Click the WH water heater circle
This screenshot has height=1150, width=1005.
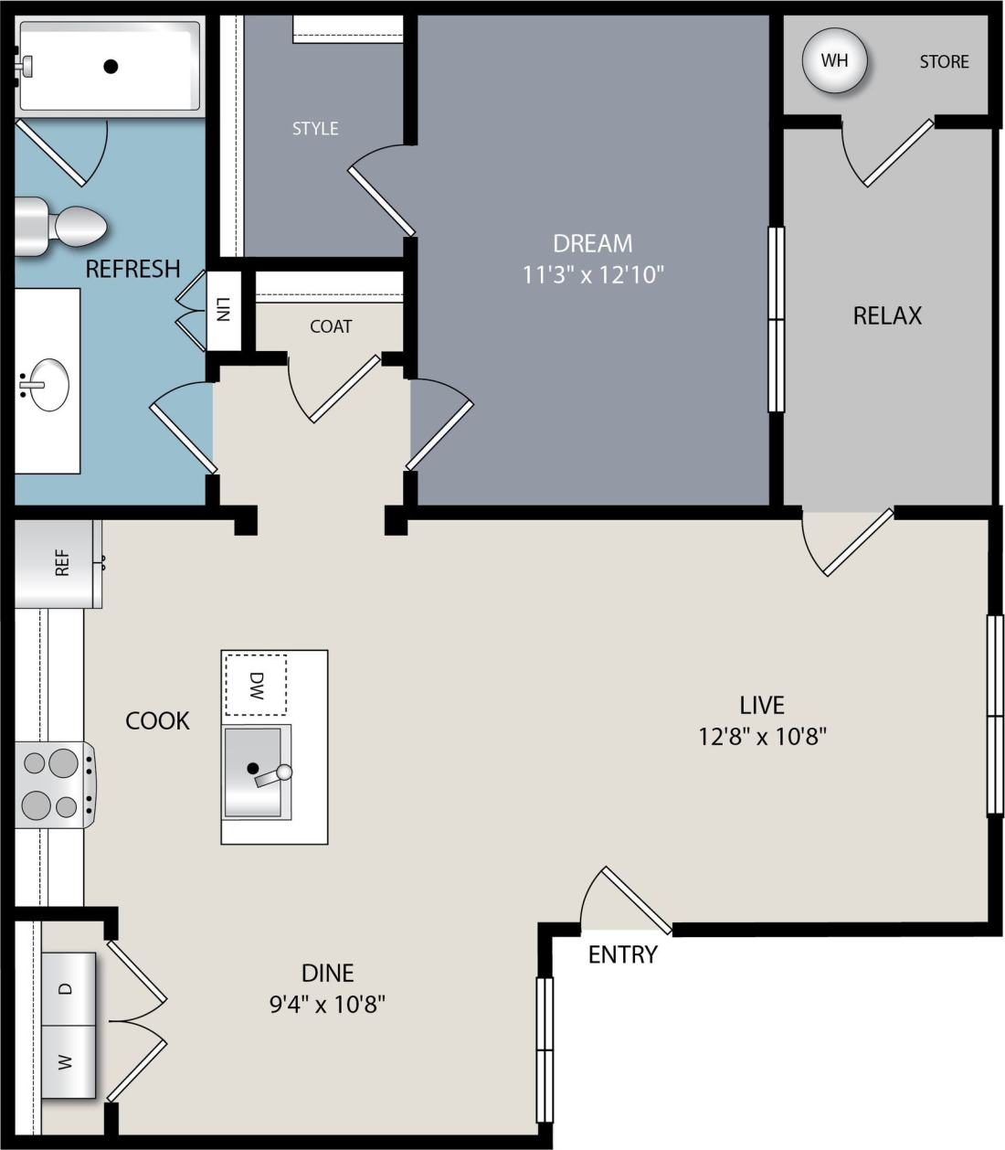pyautogui.click(x=833, y=61)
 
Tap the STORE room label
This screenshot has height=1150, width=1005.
pyautogui.click(x=944, y=62)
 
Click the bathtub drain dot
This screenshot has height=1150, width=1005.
pyautogui.click(x=111, y=66)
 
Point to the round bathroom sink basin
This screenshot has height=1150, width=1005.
pyautogui.click(x=44, y=384)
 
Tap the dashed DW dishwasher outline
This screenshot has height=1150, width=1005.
pyautogui.click(x=256, y=685)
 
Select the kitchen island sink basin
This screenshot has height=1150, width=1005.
pyautogui.click(x=255, y=771)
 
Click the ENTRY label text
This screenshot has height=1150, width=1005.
pyautogui.click(x=622, y=955)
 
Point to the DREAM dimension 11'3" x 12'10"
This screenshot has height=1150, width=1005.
pyautogui.click(x=592, y=274)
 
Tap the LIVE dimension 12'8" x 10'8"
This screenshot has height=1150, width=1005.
pyautogui.click(x=762, y=736)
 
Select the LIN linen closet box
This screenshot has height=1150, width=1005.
pyautogui.click(x=223, y=311)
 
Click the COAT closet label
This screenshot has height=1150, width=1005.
pyautogui.click(x=331, y=326)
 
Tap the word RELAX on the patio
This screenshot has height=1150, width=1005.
pyautogui.click(x=887, y=315)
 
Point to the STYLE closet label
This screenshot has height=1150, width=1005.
pyautogui.click(x=315, y=129)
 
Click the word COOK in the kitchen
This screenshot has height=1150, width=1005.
pyautogui.click(x=157, y=720)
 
